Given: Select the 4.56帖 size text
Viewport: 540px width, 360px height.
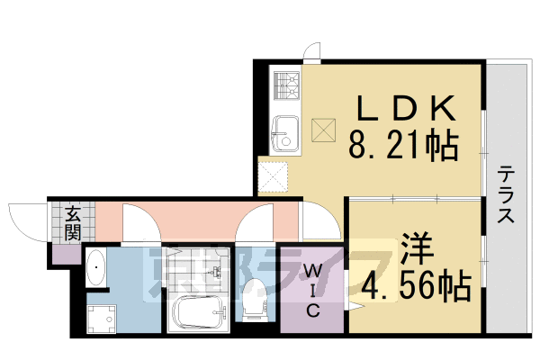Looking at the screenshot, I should pyautogui.click(x=416, y=285).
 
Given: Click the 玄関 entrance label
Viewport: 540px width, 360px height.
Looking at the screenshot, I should pyautogui.click(x=73, y=222).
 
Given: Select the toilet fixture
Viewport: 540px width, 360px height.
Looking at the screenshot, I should pyautogui.click(x=254, y=296).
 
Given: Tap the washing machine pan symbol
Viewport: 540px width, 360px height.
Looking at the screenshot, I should pyautogui.click(x=102, y=317).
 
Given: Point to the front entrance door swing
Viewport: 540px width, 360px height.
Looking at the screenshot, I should pyautogui.click(x=27, y=220).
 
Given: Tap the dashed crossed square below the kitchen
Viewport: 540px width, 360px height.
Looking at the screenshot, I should pyautogui.click(x=272, y=175).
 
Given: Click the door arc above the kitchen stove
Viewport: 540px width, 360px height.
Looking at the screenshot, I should pyautogui.click(x=311, y=51).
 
